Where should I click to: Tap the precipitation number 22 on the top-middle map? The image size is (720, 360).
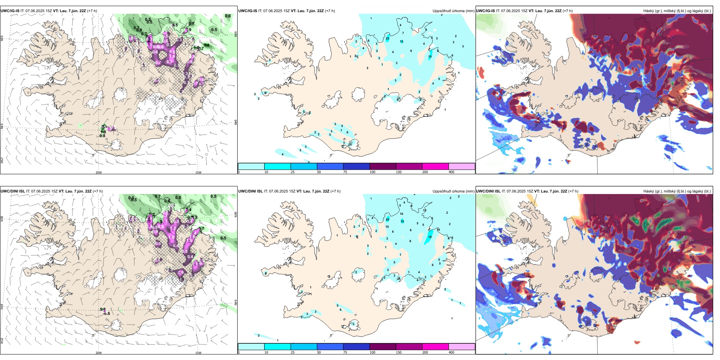[387, 38]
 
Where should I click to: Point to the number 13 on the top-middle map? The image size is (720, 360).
[401, 42]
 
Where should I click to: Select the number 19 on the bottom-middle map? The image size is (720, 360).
[430, 237]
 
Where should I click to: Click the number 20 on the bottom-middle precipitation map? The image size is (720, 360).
[387, 219]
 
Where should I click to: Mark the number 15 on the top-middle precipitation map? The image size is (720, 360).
[430, 57]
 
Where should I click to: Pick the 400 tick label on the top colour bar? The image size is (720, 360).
[451, 172]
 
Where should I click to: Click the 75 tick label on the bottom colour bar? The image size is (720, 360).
[345, 352]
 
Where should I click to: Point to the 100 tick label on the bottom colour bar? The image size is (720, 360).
[373, 352]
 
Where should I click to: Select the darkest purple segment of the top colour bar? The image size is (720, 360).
[383, 166]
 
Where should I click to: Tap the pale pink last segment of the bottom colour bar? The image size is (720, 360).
[462, 347]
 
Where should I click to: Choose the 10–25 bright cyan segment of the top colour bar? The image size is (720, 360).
[277, 166]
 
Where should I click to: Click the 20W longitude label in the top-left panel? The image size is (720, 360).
[99, 172]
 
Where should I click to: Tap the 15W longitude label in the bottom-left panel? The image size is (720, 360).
[198, 353]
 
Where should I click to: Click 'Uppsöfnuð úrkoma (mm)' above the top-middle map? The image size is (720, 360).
[453, 11]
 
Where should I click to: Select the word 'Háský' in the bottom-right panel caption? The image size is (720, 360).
[648, 191]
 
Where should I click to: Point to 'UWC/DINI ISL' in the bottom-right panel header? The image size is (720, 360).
[488, 191]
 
